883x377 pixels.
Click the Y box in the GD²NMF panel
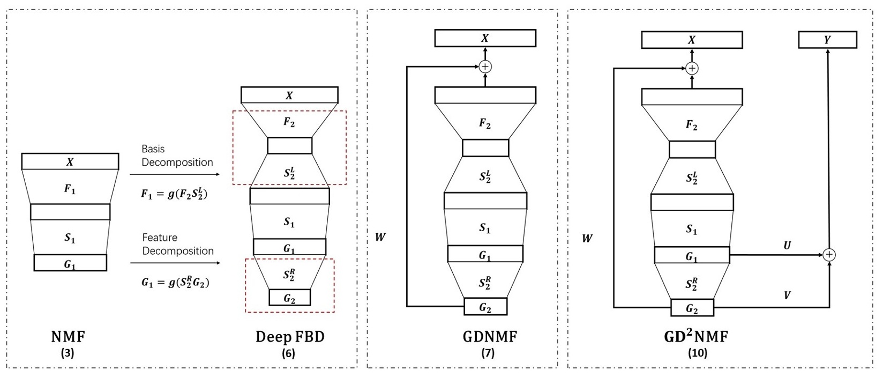pos(827,40)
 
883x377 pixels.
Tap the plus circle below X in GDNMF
pos(485,66)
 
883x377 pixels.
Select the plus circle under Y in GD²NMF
pos(829,255)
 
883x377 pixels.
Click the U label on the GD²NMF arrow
pos(787,246)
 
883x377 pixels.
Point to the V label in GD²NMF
pos(787,295)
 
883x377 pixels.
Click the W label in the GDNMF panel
pos(380,237)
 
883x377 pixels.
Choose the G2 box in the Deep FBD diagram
pos(289,298)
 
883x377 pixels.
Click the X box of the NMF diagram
pos(70,161)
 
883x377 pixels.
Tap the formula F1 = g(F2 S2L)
pos(174,194)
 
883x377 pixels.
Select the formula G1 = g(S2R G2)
pos(175,282)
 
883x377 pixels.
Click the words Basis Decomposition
pos(177,156)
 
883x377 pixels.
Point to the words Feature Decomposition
pos(177,244)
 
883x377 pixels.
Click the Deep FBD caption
pos(289,337)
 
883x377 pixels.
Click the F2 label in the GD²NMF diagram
pos(692,125)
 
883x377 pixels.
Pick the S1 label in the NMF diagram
pos(70,238)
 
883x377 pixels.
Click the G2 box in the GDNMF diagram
pos(485,307)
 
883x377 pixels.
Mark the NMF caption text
pos(68,337)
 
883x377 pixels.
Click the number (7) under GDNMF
pos(488,353)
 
